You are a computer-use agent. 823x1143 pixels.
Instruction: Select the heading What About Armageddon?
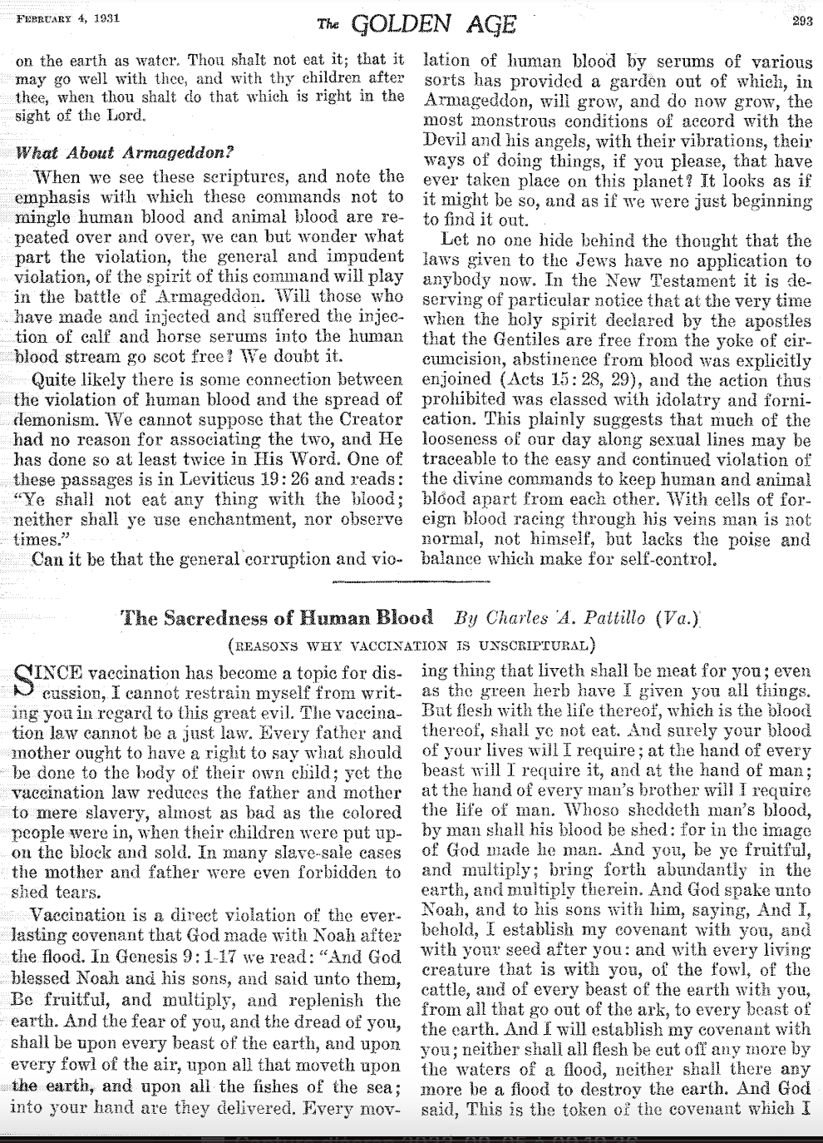point(125,152)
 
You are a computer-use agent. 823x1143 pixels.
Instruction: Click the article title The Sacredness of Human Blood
point(277,618)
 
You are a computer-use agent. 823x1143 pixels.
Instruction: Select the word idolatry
point(668,400)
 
